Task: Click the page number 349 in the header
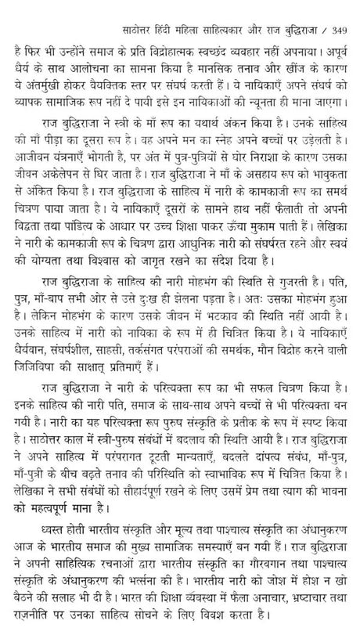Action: coord(343,11)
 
